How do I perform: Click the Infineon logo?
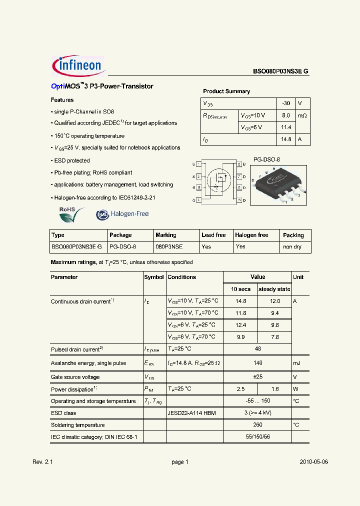(x=78, y=65)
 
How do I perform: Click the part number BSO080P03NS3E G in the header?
(x=280, y=71)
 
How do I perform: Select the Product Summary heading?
(x=226, y=91)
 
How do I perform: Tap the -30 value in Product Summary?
(x=285, y=103)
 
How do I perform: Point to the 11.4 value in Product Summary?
(x=285, y=127)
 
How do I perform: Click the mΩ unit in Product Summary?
(x=302, y=115)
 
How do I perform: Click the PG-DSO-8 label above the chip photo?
(x=266, y=159)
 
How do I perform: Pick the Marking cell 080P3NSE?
(x=169, y=247)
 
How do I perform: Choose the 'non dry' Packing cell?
(x=292, y=247)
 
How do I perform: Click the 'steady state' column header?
(x=274, y=289)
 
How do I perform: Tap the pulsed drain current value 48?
(x=258, y=349)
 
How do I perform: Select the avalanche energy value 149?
(x=258, y=363)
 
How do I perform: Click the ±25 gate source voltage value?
(x=258, y=377)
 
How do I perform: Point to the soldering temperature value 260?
(x=258, y=425)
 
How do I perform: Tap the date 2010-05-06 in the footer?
(x=314, y=462)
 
